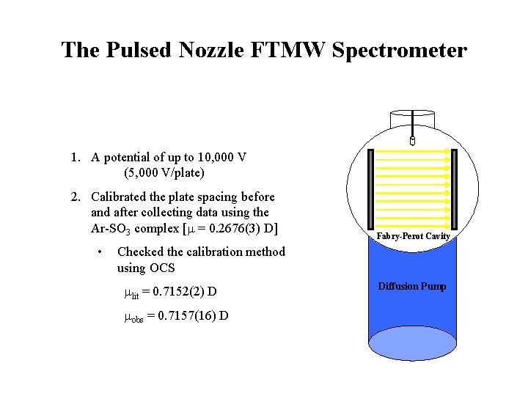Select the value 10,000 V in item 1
219,157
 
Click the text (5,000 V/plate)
164,173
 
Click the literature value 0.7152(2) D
180,291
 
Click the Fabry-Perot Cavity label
413,237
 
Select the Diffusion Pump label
411,286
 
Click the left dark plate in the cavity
370,188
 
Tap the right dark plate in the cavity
455,188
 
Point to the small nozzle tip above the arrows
412,139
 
